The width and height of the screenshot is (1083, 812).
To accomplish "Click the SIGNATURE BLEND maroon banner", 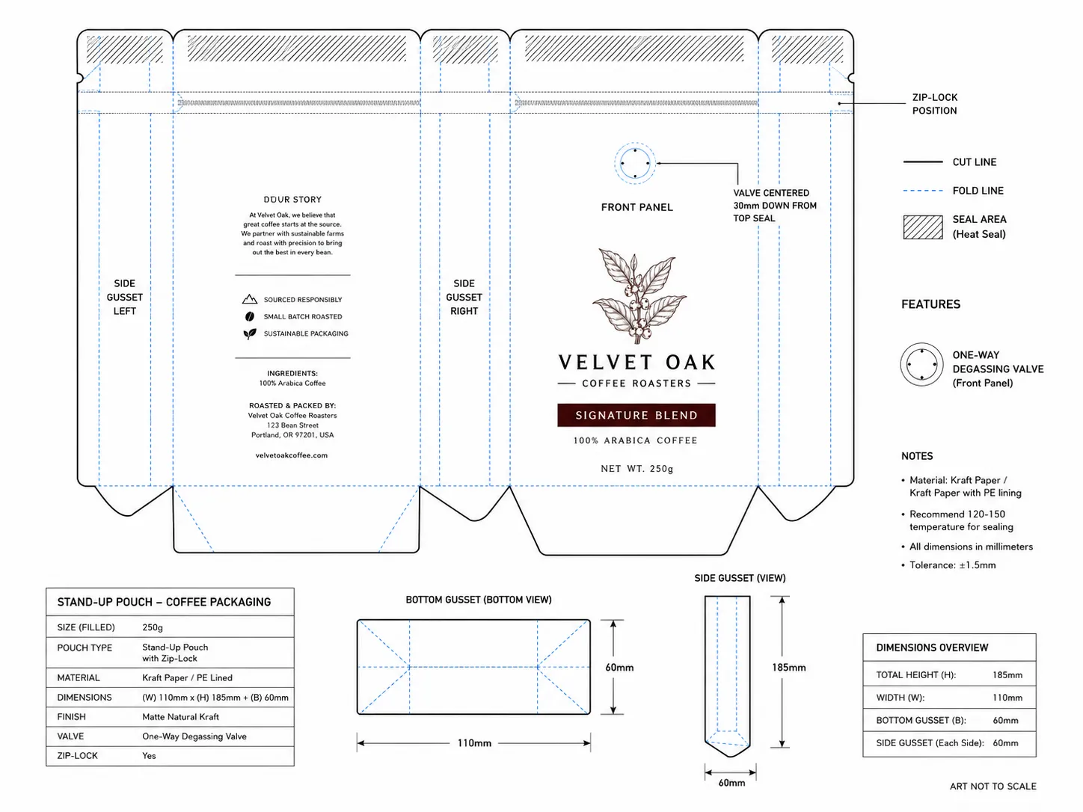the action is point(636,415).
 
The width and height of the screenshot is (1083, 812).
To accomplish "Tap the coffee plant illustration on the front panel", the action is point(639,296).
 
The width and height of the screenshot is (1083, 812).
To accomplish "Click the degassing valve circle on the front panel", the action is point(635,163).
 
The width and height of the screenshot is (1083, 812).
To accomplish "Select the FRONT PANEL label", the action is point(636,207).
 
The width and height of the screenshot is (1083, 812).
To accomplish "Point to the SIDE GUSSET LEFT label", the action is point(124,298).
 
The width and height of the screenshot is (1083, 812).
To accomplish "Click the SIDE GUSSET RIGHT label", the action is point(464,298).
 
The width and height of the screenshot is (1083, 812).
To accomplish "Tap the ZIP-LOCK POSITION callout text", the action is point(934,104).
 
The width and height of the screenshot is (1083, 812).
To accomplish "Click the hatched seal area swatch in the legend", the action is point(923,227).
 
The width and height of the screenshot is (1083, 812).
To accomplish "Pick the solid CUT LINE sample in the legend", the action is point(923,162).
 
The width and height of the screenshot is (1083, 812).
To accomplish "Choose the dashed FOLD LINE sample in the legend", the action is point(923,191).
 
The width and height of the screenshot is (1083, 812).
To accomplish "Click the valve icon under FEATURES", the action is point(921,364).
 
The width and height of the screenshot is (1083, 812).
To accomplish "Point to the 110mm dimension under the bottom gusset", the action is point(473,743).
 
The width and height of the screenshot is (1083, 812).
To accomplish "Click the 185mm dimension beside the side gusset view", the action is point(788,668).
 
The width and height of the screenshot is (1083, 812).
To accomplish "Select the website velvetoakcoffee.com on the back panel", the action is point(291,455).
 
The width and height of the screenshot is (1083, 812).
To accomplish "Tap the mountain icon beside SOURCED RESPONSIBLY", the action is point(250,299).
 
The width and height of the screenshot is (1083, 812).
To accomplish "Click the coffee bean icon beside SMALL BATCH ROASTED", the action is point(250,316).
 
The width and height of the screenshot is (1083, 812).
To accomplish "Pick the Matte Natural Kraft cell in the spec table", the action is point(180,717).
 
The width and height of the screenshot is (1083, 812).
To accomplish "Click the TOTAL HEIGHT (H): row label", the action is point(915,675).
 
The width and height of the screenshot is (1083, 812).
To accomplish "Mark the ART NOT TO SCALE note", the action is point(993,787).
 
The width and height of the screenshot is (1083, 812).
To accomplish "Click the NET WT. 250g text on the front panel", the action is point(636,469).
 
